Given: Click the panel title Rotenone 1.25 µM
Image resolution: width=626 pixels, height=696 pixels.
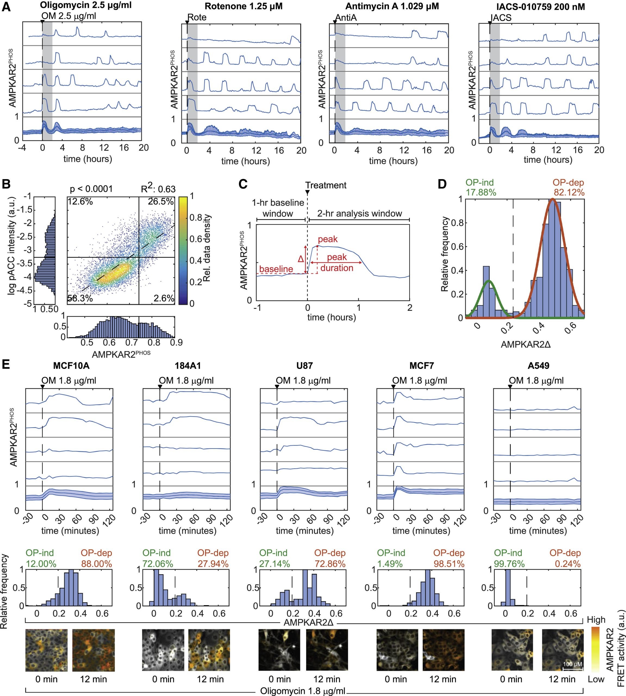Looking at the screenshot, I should click(244, 7).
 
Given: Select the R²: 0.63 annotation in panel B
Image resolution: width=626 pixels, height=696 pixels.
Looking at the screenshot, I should click(158, 189).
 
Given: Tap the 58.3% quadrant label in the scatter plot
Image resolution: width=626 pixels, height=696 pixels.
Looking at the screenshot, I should click(80, 298).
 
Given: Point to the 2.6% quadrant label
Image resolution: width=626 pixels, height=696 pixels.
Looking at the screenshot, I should click(164, 298).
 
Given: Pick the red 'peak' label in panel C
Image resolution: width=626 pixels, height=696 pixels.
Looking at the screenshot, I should click(328, 239).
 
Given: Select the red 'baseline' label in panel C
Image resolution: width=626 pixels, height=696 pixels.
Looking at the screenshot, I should click(276, 269).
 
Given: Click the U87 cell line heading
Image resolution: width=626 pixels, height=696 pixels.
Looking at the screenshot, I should click(304, 365).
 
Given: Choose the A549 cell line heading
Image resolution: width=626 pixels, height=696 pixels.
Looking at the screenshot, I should click(538, 365).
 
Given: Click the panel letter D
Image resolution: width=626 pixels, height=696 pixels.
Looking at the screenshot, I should click(442, 184).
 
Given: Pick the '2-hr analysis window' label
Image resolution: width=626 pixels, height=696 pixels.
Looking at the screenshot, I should click(359, 214).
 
